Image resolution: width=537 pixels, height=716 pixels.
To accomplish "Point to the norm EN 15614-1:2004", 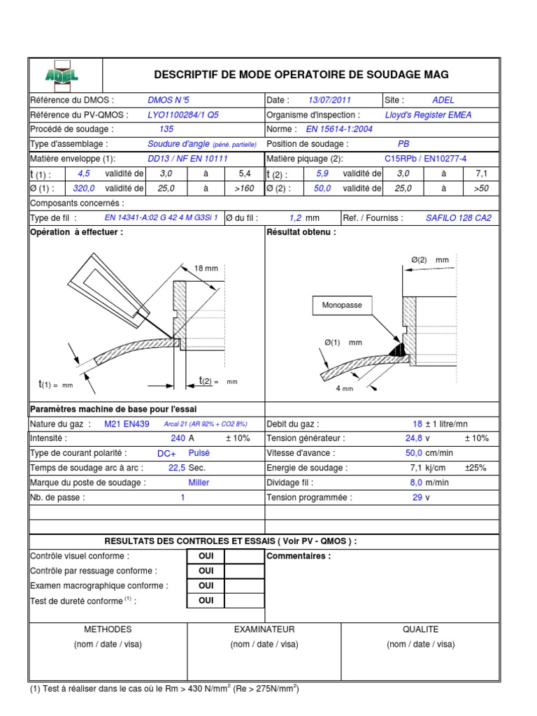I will [339, 129].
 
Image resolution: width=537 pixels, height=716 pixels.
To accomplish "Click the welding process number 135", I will [166, 129].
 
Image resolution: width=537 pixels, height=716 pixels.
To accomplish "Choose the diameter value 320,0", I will [84, 188].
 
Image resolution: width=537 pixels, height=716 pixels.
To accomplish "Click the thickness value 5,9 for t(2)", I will [322, 173].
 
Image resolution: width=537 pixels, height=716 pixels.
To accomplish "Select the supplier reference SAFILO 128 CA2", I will [458, 217].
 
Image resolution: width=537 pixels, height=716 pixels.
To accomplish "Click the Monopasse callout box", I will [338, 306].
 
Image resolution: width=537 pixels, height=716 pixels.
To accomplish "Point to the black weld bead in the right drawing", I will [399, 346].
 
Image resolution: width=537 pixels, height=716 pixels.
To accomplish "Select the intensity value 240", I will [178, 438].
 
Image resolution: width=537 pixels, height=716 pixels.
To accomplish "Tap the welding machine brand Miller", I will [199, 482].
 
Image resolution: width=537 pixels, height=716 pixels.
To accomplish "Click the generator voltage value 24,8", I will [414, 438].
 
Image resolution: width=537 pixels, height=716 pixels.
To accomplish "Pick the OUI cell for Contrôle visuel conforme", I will [206, 557].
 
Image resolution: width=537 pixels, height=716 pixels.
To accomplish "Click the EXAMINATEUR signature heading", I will [264, 629].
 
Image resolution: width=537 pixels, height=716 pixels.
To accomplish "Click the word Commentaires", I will [299, 557].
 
